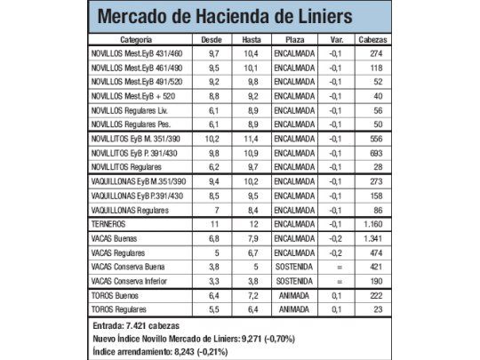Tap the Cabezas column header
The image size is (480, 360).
[x=372, y=40]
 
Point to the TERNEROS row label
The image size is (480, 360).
[x=109, y=223]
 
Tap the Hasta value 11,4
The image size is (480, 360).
[x=252, y=139]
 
